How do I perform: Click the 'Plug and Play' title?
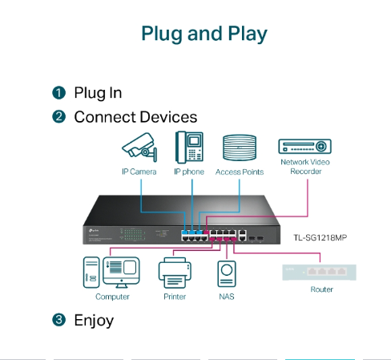pos(204,34)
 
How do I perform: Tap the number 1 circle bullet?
pos(58,93)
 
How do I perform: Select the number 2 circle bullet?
pos(58,117)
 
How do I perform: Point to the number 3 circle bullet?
pos(58,321)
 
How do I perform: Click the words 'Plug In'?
pos(98,93)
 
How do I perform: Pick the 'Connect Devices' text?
pos(135,117)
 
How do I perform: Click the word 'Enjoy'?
pos(94,321)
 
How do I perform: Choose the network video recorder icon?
pos(304,146)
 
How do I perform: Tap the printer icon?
pos(174,273)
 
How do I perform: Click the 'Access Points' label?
pos(240,172)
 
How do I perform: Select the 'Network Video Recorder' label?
pos(304,167)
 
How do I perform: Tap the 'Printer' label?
pos(174,297)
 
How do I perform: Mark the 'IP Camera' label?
pos(139,172)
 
